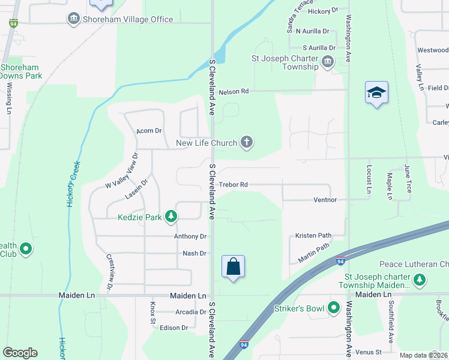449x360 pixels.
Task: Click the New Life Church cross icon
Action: click(x=247, y=143)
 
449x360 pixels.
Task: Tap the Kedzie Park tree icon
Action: click(x=171, y=217)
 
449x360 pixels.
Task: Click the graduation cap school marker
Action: click(x=376, y=93)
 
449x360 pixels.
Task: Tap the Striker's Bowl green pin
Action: click(x=333, y=308)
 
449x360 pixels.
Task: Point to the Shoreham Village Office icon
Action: click(x=74, y=19)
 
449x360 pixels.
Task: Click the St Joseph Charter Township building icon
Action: click(x=328, y=61)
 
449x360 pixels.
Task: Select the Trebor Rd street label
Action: click(x=234, y=185)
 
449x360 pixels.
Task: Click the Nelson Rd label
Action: click(x=234, y=92)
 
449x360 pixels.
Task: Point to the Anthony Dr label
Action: click(x=190, y=236)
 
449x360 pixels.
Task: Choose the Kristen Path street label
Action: click(x=313, y=235)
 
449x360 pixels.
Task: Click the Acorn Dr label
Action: click(x=149, y=130)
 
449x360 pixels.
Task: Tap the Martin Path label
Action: click(x=314, y=253)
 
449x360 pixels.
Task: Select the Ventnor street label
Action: click(x=325, y=199)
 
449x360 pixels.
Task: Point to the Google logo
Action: click(x=20, y=353)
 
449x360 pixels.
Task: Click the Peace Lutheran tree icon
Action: click(x=420, y=279)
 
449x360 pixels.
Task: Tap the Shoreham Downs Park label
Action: click(x=21, y=72)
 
